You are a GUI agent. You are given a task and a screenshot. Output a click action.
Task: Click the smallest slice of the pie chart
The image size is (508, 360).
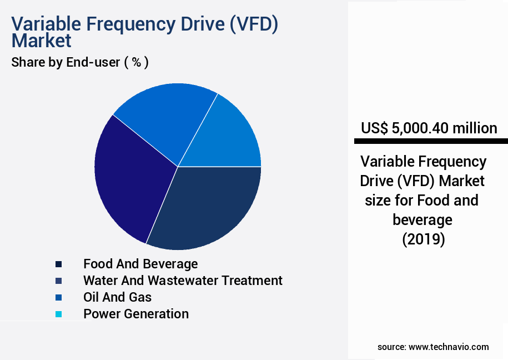click(x=230, y=136)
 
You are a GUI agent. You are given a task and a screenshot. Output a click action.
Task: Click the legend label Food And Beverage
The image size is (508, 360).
click(x=140, y=264)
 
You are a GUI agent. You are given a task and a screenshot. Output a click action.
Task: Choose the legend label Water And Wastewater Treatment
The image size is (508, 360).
click(x=183, y=281)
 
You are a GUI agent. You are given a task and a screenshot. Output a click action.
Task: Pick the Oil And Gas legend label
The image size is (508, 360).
click(x=117, y=297)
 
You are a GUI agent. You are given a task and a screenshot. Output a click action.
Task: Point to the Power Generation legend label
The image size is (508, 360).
click(x=136, y=314)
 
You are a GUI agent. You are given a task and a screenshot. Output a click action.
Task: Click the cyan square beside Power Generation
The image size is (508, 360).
click(x=58, y=314)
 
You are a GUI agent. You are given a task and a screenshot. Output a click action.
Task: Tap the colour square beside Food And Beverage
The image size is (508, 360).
click(x=58, y=264)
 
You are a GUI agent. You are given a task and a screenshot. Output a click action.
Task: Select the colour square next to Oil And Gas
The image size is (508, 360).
click(x=58, y=298)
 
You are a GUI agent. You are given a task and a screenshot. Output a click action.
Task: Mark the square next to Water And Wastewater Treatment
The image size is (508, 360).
click(x=58, y=281)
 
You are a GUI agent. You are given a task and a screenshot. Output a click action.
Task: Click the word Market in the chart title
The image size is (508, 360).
click(x=42, y=41)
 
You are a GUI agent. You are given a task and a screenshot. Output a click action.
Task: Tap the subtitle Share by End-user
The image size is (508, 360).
click(x=66, y=62)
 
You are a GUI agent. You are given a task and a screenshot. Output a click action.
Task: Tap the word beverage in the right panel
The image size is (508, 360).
click(x=423, y=220)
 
